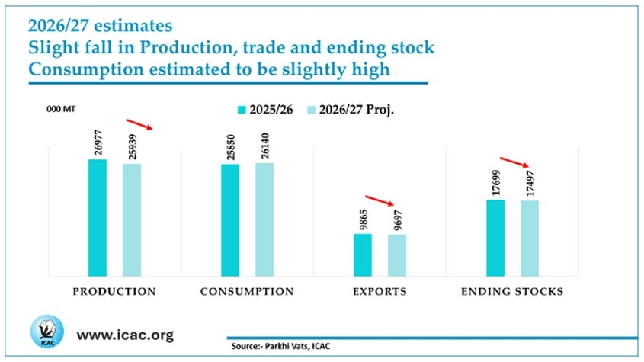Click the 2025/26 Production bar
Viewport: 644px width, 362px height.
98,218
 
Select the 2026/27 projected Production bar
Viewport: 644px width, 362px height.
132,220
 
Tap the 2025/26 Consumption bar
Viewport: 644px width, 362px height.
230,220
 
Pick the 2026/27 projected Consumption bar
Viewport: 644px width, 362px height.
264,219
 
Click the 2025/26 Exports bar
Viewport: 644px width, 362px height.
363,255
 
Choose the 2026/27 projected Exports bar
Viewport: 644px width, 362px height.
397,255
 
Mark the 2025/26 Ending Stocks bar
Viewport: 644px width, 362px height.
495,239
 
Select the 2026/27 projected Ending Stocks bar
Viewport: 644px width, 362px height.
530,239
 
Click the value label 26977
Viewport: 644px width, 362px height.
98,143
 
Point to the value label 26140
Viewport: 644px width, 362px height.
265,146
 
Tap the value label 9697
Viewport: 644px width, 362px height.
398,220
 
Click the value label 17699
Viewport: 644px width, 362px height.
497,183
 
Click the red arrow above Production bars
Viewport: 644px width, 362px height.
139,124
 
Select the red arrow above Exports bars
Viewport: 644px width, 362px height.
379,200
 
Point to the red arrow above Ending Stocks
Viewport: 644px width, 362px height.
514,162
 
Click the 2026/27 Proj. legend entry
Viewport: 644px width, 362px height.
351,110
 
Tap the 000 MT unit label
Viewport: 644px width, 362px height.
61,109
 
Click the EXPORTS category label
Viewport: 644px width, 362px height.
380,291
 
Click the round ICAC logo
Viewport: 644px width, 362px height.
47,332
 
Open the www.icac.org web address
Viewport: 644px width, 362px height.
125,335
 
